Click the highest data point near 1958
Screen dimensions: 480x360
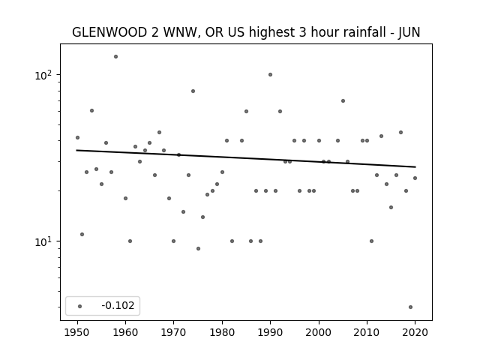[x=115, y=57]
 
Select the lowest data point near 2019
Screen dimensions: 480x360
[x=410, y=307]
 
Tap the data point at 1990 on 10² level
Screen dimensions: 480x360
[x=270, y=75]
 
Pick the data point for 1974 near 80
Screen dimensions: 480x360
[x=193, y=91]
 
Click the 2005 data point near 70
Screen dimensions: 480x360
[x=343, y=101]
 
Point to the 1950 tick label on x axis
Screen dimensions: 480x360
[x=77, y=332]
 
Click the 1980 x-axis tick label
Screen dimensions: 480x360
[x=222, y=332]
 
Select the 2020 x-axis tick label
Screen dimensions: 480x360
[x=415, y=332]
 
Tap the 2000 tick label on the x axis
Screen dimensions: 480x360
[x=319, y=332]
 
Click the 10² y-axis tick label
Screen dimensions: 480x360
[x=45, y=75]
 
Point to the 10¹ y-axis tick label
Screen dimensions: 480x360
[x=45, y=241]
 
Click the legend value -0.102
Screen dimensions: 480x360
[x=118, y=305]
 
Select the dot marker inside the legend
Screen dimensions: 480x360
[x=80, y=306]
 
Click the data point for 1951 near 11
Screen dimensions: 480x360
[x=82, y=235]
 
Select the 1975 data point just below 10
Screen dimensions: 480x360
[x=198, y=248]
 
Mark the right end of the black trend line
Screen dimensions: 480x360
[x=415, y=166]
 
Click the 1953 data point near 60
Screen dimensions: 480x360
[x=91, y=111]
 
